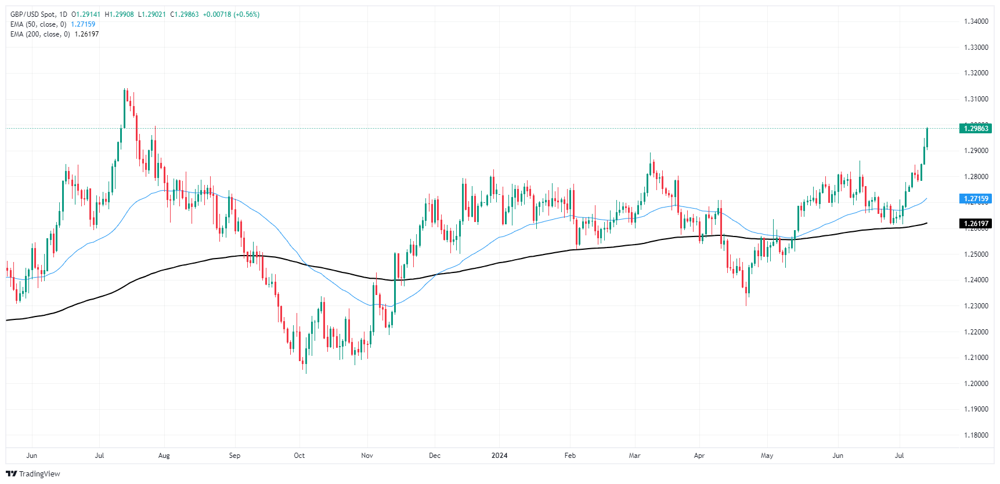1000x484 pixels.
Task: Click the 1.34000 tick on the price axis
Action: click(976, 21)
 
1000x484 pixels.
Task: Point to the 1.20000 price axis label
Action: click(976, 383)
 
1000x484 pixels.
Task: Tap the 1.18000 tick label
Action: click(976, 435)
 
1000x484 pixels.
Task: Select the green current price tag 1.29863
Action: click(976, 129)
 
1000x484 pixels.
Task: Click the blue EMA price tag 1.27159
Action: click(976, 199)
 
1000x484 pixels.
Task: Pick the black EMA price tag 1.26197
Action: click(976, 224)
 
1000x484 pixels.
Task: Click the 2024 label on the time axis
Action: click(499, 456)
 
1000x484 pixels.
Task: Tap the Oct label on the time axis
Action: click(299, 456)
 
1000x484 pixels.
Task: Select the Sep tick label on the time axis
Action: click(234, 456)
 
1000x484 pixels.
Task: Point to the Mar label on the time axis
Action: click(634, 456)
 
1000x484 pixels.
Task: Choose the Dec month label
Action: click(435, 456)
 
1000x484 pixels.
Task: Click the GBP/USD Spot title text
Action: click(33, 14)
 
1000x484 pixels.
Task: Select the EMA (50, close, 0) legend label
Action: click(38, 24)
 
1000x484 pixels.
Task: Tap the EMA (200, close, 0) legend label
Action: click(40, 34)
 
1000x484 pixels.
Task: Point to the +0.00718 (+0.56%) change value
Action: click(231, 14)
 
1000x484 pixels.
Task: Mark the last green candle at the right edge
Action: click(927, 138)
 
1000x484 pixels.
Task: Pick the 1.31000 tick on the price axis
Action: click(976, 99)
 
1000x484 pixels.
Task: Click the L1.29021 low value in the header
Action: click(151, 14)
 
